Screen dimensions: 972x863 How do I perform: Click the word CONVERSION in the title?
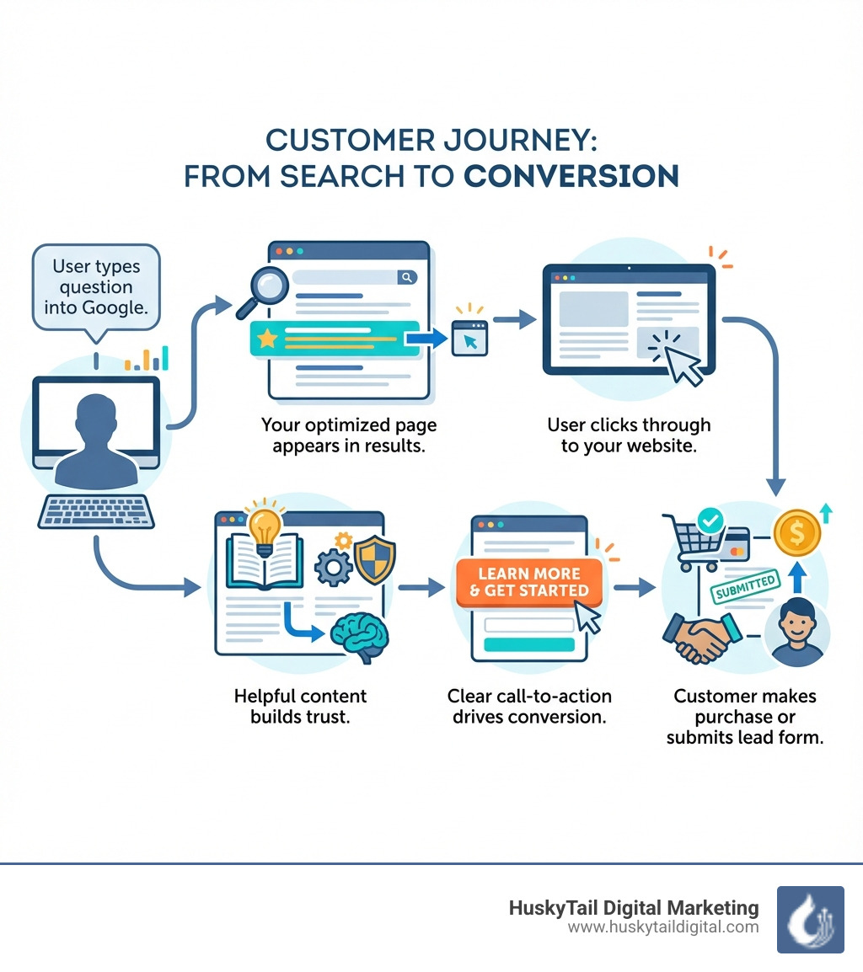571,175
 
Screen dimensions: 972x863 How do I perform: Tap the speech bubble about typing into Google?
95,287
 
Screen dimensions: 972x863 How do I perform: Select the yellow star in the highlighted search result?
267,339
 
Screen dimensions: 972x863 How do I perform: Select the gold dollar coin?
796,532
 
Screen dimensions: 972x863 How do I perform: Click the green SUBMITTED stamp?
743,587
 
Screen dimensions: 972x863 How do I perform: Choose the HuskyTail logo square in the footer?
809,919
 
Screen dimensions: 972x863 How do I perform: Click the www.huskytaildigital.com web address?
663,927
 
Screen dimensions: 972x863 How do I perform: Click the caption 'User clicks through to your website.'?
629,435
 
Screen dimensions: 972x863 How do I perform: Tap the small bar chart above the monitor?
147,359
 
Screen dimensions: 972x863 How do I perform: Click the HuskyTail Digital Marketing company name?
634,907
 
